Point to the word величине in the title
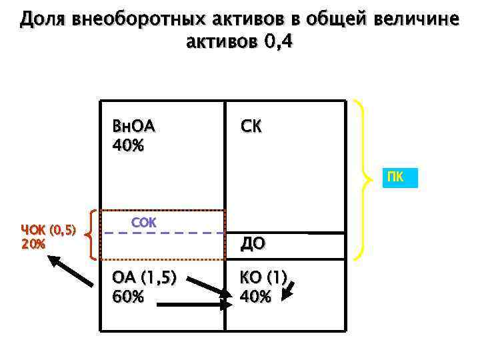414,20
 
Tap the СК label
251,127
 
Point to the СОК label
143,222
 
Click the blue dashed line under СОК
163,233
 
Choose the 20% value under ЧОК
33,244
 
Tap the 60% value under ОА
128,297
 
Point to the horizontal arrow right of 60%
193,305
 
